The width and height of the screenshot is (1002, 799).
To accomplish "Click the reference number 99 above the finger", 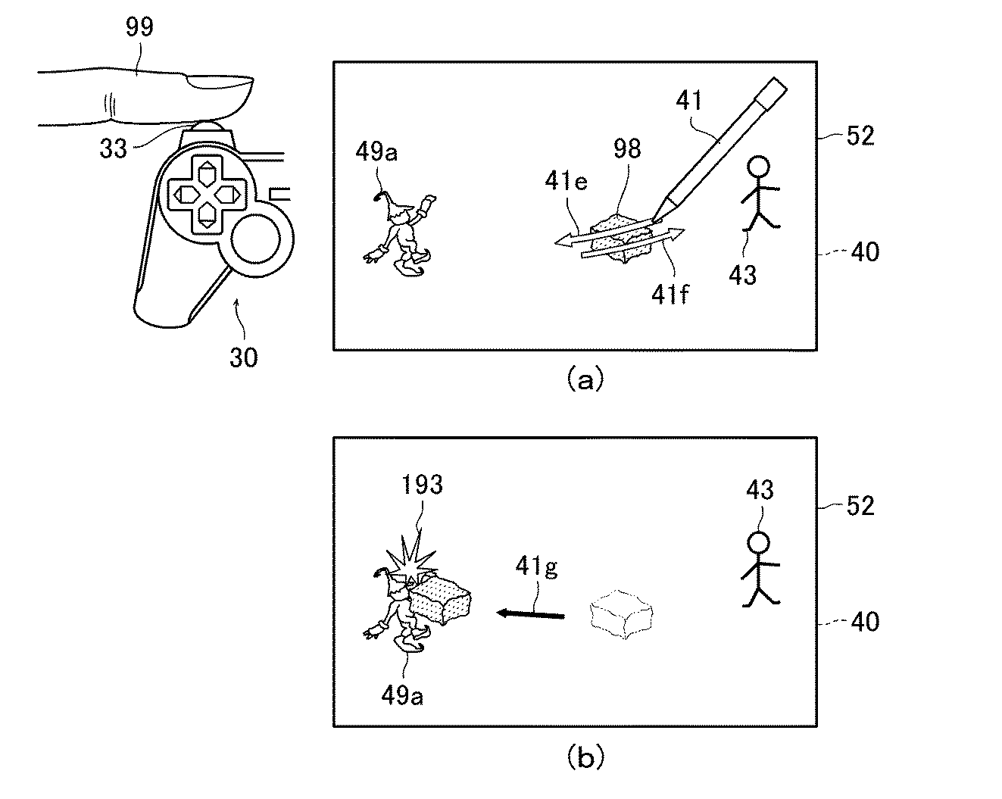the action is click(x=139, y=27).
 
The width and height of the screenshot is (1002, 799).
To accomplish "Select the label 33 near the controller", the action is click(x=113, y=148).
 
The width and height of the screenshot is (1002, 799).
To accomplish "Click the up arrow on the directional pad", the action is click(x=205, y=174).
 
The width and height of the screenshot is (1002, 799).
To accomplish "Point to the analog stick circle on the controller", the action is click(x=256, y=240).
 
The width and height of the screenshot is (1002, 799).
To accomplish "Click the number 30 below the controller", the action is click(x=244, y=357).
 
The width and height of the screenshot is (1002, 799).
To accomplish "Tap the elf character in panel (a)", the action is click(x=400, y=233).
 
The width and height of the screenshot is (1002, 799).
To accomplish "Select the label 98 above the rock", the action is click(x=627, y=148).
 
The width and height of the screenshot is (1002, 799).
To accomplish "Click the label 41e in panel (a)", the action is click(x=567, y=181).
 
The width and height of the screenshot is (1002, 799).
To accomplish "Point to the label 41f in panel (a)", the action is click(x=670, y=294).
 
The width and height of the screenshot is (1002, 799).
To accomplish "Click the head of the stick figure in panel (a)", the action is click(x=758, y=167).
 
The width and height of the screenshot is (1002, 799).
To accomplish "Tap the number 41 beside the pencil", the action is click(x=689, y=100).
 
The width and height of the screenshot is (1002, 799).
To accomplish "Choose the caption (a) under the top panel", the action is click(x=585, y=379).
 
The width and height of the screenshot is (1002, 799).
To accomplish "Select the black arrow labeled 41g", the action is click(x=531, y=615).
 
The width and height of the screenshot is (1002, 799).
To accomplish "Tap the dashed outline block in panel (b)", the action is click(x=622, y=615).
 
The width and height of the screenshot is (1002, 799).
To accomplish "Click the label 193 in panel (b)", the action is click(x=422, y=485).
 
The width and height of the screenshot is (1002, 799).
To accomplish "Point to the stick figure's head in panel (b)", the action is click(x=758, y=543).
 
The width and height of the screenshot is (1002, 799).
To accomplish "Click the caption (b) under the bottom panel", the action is click(x=585, y=757).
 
